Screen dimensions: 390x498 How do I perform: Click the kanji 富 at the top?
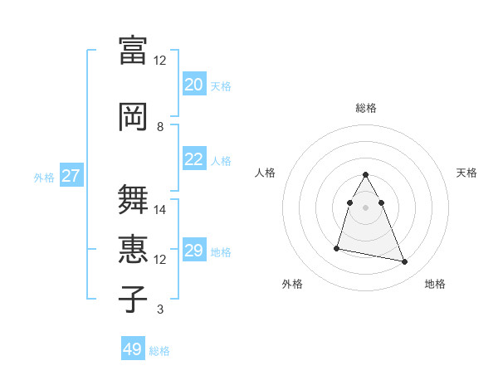click(133, 49)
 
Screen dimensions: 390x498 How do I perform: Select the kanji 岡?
click(133, 115)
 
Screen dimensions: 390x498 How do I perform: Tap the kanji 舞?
click(133, 199)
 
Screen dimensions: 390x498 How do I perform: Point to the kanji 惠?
click(133, 249)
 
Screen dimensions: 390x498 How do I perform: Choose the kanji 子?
click(133, 299)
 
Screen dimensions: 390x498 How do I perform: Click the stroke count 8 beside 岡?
click(160, 127)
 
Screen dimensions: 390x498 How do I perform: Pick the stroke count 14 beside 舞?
click(160, 210)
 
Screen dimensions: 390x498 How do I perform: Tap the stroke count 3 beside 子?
click(160, 310)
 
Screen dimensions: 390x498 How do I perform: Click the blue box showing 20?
click(193, 85)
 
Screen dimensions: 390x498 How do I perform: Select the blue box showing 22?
click(193, 159)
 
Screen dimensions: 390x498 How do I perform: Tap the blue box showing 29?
click(193, 251)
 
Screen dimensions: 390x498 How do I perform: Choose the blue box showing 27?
click(71, 176)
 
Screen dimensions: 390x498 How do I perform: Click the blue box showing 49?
click(133, 349)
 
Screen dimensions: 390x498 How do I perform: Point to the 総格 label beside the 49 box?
click(159, 351)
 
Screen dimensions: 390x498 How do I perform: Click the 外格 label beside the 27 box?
click(44, 177)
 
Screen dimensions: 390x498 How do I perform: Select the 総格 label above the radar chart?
click(365, 108)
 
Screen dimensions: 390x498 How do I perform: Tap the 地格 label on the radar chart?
click(435, 285)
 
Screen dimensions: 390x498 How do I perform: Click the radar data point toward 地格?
click(405, 262)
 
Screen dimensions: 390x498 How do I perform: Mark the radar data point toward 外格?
click(337, 247)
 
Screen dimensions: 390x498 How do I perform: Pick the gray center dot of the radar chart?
click(365, 207)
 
